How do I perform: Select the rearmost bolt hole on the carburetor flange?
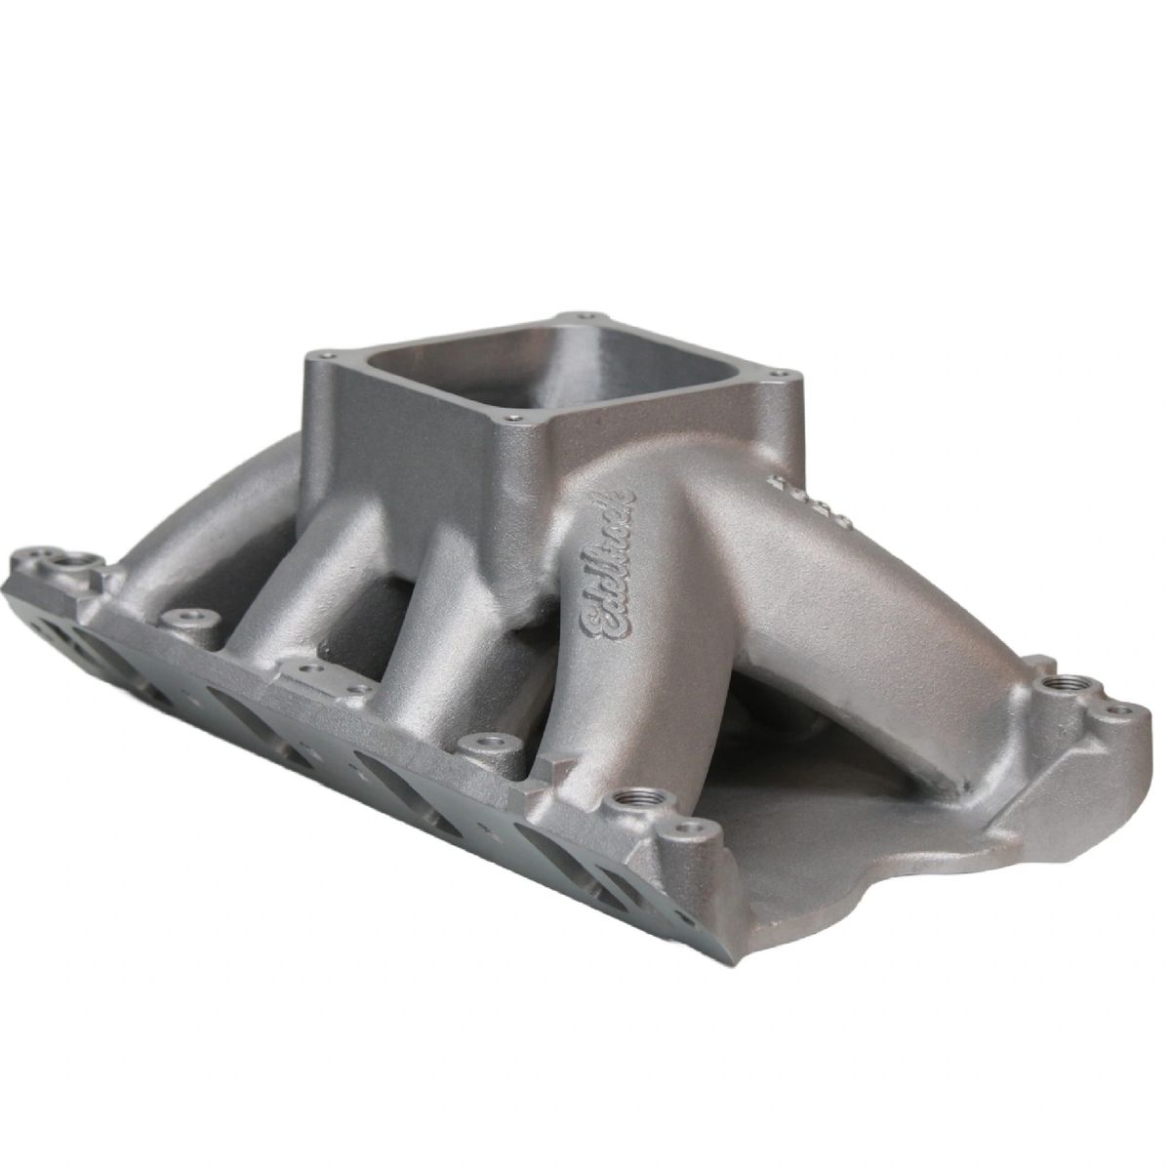coord(585,316)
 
